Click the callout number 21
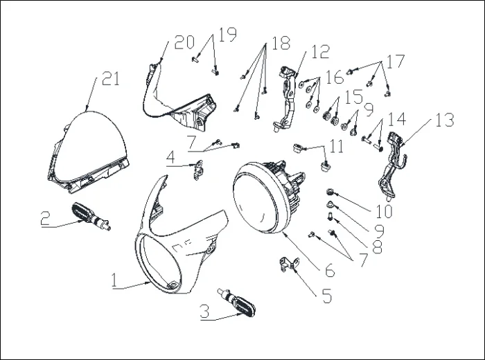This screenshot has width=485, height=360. pos(111,78)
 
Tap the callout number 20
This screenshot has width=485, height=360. pos(184,42)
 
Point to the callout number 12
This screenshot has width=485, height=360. pos(320,51)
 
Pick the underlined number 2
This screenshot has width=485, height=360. pos(45,218)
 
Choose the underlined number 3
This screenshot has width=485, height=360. pos(204,312)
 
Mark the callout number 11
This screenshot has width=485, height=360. pos(337,147)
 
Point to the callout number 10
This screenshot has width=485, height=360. pos(383,209)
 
